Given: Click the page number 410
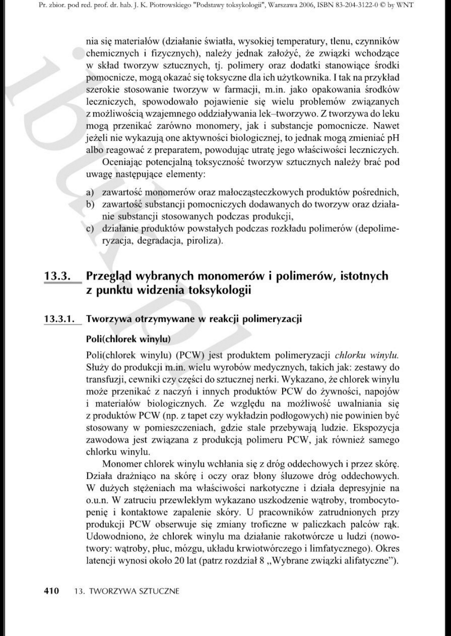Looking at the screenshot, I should tap(52, 591).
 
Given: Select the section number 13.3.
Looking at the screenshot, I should tap(58, 276).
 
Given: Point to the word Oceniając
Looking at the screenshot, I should tap(125, 162).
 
